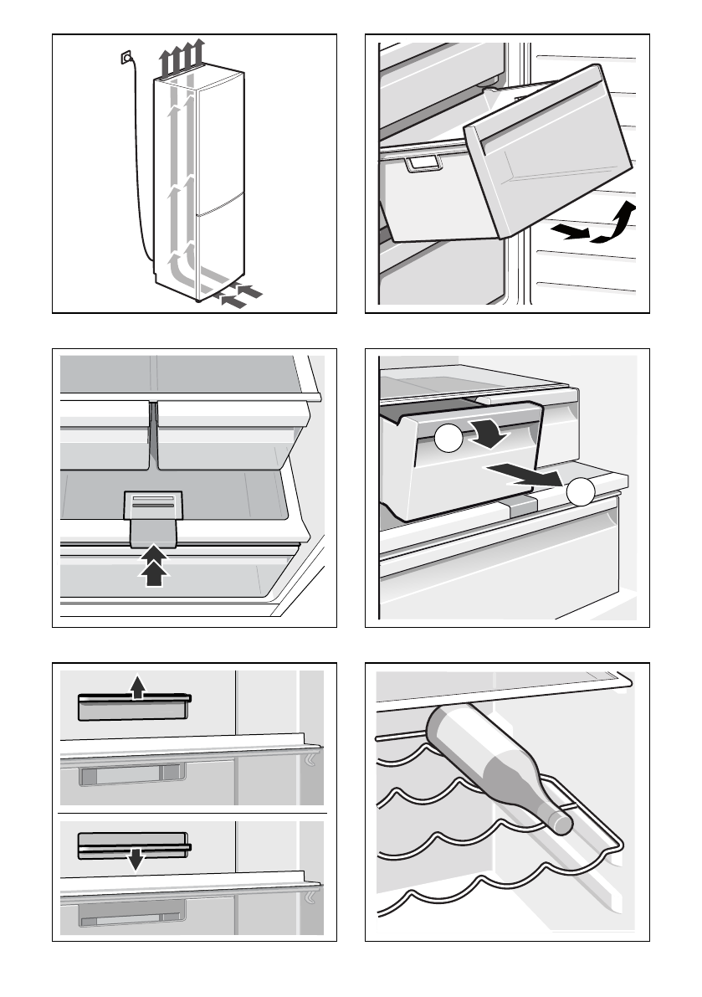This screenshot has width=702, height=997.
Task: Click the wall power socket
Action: (x=126, y=57)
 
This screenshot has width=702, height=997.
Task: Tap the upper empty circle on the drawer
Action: (x=448, y=439)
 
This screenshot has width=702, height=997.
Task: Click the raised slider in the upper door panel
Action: (x=134, y=707)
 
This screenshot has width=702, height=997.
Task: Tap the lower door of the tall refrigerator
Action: (x=221, y=247)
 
